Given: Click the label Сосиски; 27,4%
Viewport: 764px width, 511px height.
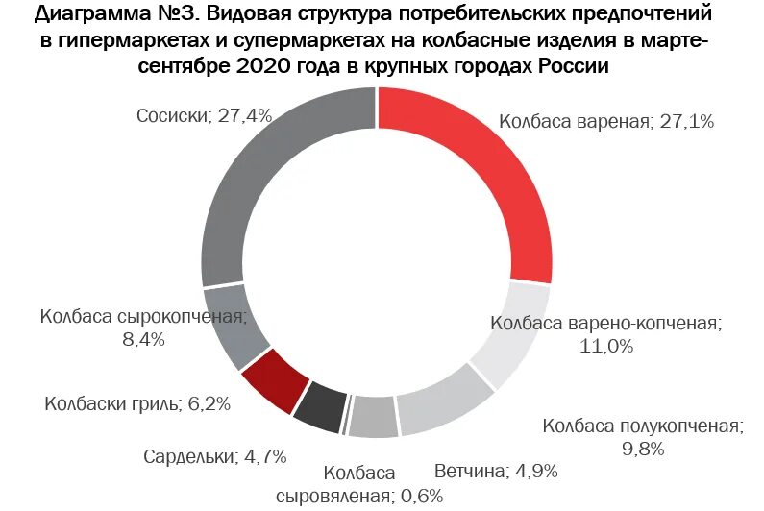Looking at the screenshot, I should [x=204, y=115].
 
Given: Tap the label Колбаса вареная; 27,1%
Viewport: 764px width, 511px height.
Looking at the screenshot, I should [x=605, y=122].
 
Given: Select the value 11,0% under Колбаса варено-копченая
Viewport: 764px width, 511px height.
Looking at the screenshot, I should [x=605, y=347].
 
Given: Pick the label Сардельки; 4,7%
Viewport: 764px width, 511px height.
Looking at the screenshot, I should [x=214, y=456].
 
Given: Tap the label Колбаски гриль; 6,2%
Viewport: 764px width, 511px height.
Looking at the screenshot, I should [x=137, y=403].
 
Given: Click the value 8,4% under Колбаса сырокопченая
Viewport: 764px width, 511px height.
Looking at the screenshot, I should [x=143, y=339].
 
